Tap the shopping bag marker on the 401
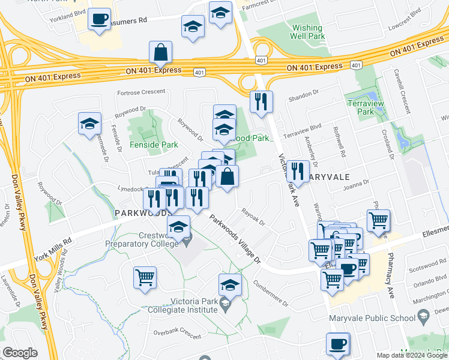tap(160, 53)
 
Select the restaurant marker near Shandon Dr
tap(261, 102)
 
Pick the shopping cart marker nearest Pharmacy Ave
tap(378, 221)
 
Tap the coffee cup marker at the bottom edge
tap(337, 344)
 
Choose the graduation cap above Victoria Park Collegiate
tap(229, 285)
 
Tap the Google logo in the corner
tap(20, 353)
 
